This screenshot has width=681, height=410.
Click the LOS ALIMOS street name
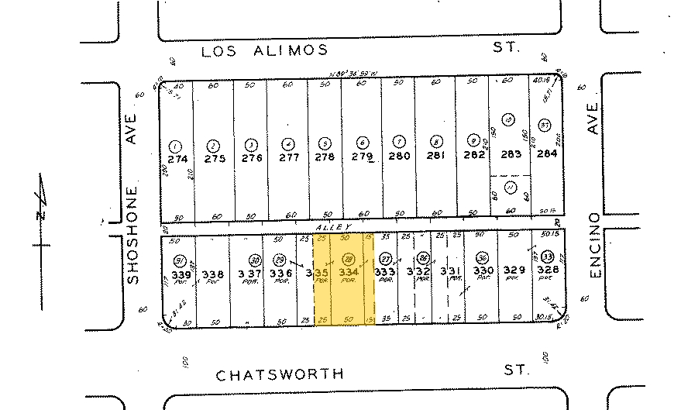pos(263,51)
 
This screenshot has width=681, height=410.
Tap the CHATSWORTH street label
pos(280,374)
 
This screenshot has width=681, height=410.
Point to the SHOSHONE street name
pos(132,234)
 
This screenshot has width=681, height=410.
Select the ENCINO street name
pos(594,246)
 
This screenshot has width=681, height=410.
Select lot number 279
pos(362,157)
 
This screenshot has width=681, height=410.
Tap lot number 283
pos(511,154)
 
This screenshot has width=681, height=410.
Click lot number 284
pos(547,153)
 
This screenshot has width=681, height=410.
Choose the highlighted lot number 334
pos(349,273)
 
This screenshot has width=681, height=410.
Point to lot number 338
pos(213,274)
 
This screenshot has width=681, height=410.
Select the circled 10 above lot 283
pos(508,119)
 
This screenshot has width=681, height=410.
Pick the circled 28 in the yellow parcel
pos(349,259)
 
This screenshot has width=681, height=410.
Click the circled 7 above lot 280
pos(398,143)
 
